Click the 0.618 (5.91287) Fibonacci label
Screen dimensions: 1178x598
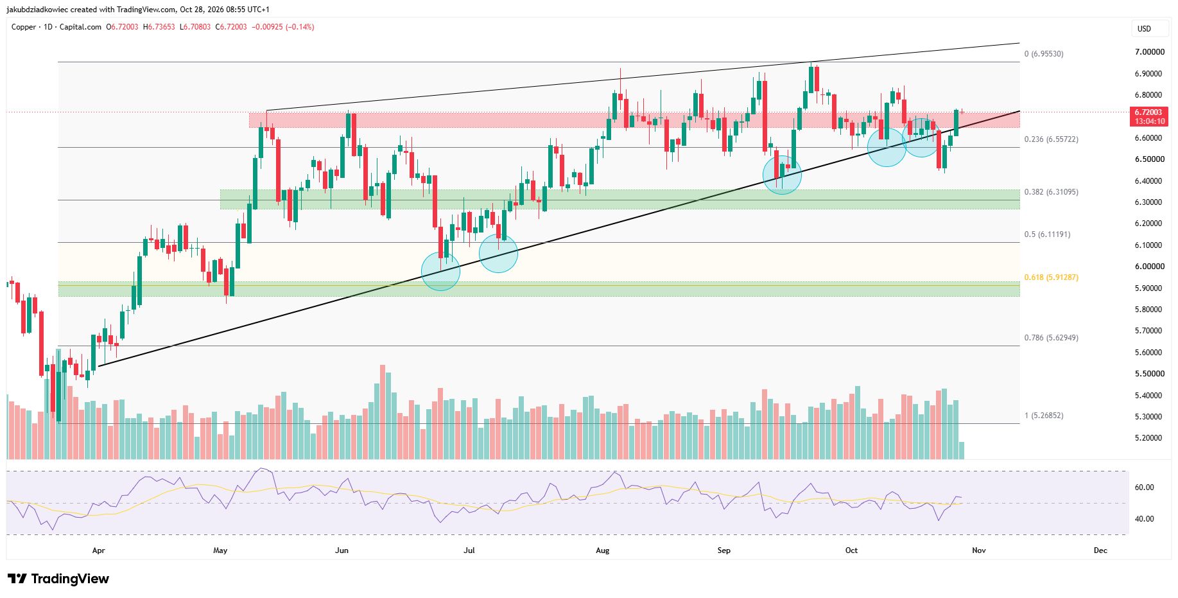1051,277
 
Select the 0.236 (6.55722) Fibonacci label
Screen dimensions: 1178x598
1051,139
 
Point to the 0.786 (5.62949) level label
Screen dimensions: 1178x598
1051,338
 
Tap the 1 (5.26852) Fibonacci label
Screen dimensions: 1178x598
1043,416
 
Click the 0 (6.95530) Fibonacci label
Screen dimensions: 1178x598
1043,54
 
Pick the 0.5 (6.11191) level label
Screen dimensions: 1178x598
1047,234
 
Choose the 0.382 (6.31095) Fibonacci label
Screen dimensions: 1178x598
1051,192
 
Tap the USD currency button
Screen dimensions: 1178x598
1144,28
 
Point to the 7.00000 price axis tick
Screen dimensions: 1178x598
1149,52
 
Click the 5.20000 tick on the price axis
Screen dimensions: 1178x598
1149,438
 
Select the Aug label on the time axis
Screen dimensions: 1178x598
602,550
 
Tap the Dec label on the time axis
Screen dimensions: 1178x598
1100,550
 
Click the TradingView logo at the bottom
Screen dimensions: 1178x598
58,579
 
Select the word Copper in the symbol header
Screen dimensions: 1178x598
24,27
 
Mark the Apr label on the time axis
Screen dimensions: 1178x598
98,550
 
